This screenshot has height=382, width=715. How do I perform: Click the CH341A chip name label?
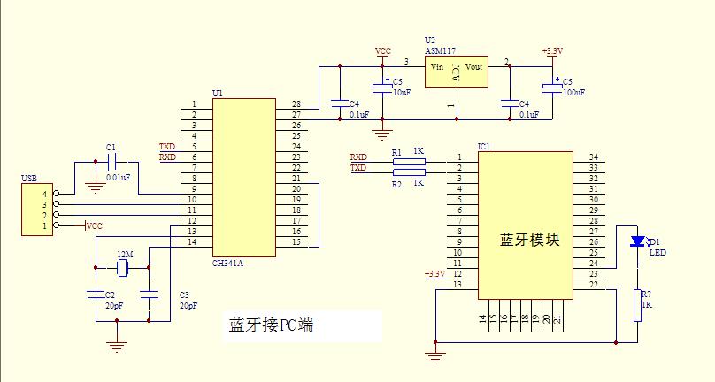coord(229,263)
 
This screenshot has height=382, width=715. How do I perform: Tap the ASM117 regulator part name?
coord(440,50)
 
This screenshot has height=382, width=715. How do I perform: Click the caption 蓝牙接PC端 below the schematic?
coord(271,325)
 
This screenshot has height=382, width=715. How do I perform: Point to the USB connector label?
coord(29,179)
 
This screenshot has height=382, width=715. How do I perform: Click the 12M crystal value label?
coord(124,255)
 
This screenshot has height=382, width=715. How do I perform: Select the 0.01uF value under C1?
coord(118,178)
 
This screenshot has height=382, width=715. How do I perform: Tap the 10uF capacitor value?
coord(401,92)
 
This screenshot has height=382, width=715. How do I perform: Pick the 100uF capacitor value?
coord(573,92)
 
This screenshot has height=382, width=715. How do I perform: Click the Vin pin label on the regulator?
coord(437,67)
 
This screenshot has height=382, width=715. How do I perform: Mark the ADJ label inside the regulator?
coord(457,73)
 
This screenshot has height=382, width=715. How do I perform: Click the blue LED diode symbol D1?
coord(635,241)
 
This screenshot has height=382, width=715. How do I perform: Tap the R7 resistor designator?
coord(645,294)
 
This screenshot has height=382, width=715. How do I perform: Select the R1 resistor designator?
coord(396,152)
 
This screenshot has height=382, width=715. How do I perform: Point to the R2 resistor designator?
coord(396,184)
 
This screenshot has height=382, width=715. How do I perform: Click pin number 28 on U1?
coord(296,104)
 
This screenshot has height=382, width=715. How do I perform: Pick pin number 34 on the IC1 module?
coord(594,157)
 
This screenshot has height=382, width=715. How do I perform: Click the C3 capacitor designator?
coord(184,294)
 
